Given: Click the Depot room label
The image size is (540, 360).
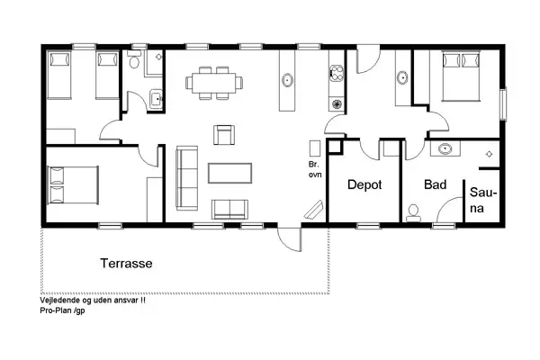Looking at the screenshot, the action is (364, 184).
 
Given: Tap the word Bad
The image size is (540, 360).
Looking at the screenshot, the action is (436, 184).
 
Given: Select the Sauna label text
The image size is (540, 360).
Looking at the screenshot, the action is (482, 200).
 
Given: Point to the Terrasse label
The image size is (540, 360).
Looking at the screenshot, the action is (126, 263).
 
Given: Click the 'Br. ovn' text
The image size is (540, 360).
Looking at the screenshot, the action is (315, 169).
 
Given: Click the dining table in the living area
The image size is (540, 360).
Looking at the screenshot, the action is (214, 83).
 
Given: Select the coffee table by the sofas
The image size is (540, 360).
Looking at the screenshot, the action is (230, 173).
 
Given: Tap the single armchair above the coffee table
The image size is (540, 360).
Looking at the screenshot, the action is (224, 135).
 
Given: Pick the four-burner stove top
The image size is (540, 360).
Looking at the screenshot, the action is (337, 73).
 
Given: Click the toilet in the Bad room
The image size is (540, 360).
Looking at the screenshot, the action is (413, 213).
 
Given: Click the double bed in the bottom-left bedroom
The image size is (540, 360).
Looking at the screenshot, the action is (73, 185).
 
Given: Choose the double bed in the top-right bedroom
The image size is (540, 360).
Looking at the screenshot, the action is (461, 76).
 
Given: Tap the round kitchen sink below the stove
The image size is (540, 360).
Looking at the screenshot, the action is (337, 103).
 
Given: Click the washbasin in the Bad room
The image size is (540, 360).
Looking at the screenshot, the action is (445, 149).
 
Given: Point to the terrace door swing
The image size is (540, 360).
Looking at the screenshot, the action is (290, 239).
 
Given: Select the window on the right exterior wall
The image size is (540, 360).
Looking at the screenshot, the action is (503, 104).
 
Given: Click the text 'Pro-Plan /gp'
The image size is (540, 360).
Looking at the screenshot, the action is (62, 310).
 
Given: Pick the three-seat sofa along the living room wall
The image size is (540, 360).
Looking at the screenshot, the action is (187, 178).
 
